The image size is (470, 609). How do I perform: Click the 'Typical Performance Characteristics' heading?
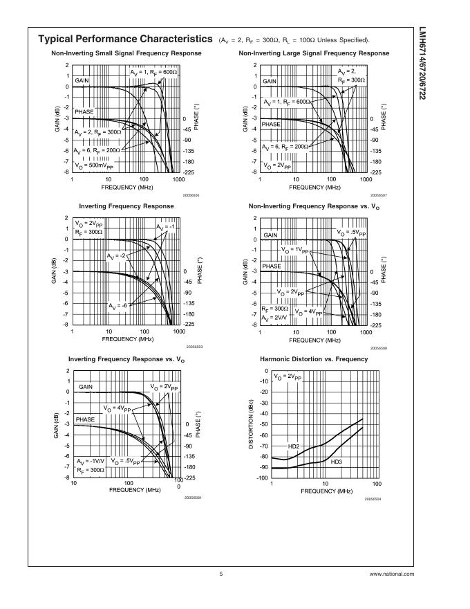124,39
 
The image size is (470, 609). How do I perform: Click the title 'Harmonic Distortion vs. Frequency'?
314,359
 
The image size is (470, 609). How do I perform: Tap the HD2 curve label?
293,447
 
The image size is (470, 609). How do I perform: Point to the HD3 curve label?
337,461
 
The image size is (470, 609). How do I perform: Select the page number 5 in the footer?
220,574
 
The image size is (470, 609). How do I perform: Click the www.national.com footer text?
392,574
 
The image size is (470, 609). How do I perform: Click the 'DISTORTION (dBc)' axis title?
252,424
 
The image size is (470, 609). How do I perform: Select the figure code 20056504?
373,498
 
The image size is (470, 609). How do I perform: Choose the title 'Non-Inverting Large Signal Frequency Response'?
314,53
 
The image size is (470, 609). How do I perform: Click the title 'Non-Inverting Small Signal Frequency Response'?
126,53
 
